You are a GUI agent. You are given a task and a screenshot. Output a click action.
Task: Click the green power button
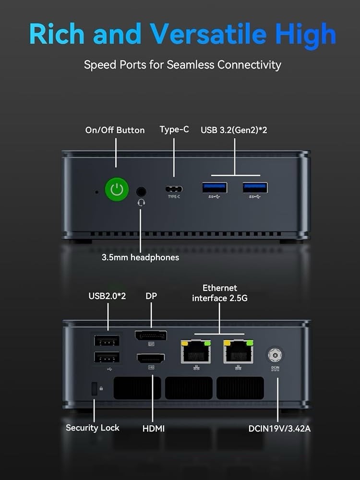pyautogui.click(x=117, y=190)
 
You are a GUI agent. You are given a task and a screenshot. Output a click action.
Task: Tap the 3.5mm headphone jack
pyautogui.click(x=141, y=192)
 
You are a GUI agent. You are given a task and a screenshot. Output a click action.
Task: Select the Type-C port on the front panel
pyautogui.click(x=174, y=189)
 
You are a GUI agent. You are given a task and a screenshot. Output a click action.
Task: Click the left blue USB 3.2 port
pyautogui.click(x=215, y=188)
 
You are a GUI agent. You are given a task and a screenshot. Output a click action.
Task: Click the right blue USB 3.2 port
pyautogui.click(x=255, y=188)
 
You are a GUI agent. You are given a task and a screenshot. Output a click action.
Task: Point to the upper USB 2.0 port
pyautogui.click(x=107, y=341)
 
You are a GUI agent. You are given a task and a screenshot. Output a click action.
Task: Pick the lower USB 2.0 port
pyautogui.click(x=107, y=358)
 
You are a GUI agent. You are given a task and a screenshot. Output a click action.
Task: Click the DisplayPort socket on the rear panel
pyautogui.click(x=151, y=336)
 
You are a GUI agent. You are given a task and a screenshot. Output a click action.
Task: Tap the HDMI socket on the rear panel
pyautogui.click(x=151, y=359)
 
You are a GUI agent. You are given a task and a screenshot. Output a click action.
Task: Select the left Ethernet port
pyautogui.click(x=196, y=351)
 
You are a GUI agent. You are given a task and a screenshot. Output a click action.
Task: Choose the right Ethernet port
pyautogui.click(x=239, y=351)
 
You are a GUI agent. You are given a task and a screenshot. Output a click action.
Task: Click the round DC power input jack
pyautogui.click(x=275, y=355)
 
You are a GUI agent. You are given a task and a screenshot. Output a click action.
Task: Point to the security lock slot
pyautogui.click(x=94, y=389)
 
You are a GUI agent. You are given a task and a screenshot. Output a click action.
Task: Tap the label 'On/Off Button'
pyautogui.click(x=115, y=130)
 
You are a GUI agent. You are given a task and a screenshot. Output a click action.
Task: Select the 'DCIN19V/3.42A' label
pyautogui.click(x=279, y=429)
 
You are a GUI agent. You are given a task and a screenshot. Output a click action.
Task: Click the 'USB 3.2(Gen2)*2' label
pyautogui.click(x=234, y=130)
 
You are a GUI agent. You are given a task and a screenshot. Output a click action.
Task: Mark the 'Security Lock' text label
pyautogui.click(x=93, y=428)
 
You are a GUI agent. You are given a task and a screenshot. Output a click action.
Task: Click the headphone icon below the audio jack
pyautogui.click(x=141, y=203)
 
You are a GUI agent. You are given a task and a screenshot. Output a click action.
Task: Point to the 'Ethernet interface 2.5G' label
pyautogui.click(x=220, y=293)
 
